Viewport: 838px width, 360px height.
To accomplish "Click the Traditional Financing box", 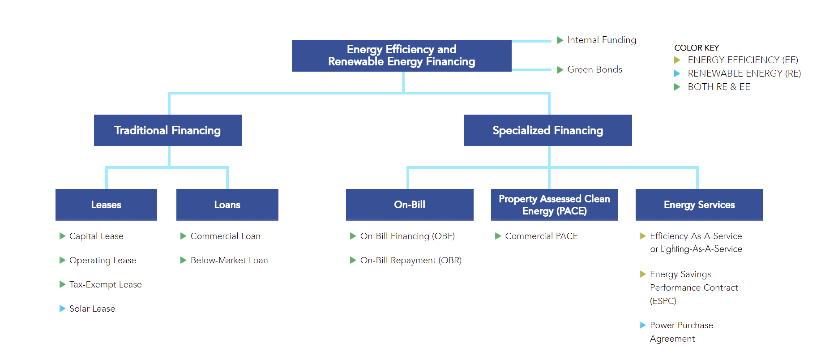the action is (x=168, y=130).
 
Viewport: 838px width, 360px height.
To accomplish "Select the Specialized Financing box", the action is (x=548, y=130).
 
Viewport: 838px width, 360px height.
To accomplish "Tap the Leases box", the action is (x=106, y=205).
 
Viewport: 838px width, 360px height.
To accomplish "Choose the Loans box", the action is (x=227, y=205).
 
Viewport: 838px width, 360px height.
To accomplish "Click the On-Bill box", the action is (x=410, y=205).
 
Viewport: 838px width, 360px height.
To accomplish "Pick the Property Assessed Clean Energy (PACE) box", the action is (x=555, y=205).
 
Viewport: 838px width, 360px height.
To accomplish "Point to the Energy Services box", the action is (x=699, y=205).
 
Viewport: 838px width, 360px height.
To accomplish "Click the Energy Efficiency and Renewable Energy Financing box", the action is (x=402, y=56).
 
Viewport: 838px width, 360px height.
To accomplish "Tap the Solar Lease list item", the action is (x=92, y=309).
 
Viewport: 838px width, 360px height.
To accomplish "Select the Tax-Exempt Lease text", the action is (x=106, y=284).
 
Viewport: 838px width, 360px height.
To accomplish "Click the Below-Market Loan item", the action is (x=229, y=260).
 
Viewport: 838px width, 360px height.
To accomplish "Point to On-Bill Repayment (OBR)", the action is (x=411, y=260).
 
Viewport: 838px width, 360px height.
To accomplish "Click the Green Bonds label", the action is (x=594, y=69).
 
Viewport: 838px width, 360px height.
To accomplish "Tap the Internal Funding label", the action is (x=602, y=40).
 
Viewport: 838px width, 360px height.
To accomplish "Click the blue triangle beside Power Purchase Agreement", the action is (x=642, y=325).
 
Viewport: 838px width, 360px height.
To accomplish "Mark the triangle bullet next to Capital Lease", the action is (x=62, y=236).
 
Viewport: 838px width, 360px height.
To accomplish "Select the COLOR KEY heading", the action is (x=697, y=48).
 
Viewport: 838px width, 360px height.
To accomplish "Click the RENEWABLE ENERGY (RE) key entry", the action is (x=744, y=73).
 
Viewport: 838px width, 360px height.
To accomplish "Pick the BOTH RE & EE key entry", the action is (x=719, y=87).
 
